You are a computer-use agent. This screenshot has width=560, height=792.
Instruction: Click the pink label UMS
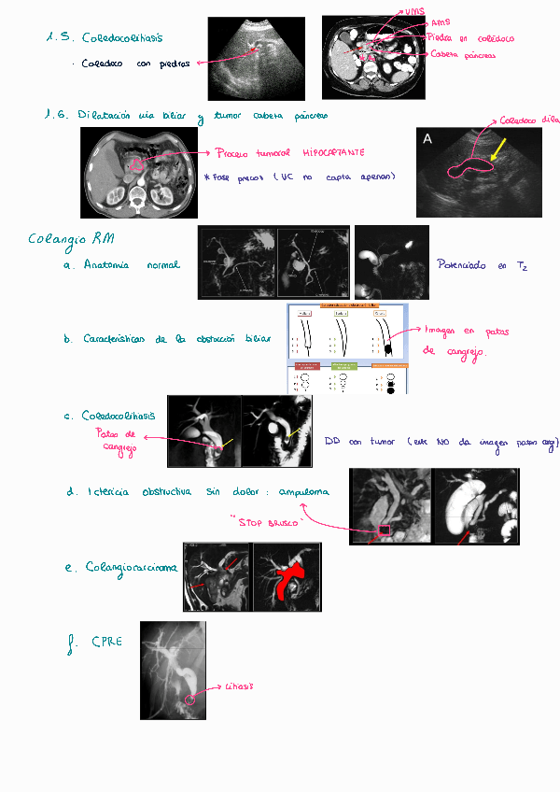[x=413, y=11]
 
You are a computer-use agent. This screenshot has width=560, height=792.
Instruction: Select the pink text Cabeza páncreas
[x=464, y=55]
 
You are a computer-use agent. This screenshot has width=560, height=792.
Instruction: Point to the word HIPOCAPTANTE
[x=333, y=152]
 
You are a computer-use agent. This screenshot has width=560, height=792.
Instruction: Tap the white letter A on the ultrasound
[x=427, y=138]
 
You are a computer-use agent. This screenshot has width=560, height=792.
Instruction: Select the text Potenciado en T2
[x=483, y=266]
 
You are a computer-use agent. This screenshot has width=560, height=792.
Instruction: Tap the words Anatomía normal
[x=129, y=265]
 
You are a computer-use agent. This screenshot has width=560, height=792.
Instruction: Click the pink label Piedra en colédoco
[x=471, y=38]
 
